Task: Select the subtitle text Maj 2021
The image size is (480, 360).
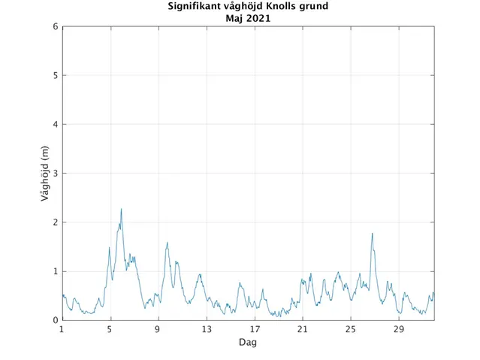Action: point(248,19)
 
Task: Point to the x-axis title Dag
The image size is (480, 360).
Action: point(248,342)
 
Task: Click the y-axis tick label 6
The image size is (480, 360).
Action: point(55,27)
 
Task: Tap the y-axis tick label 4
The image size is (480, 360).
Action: point(55,125)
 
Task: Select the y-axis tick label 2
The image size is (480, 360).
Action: point(55,222)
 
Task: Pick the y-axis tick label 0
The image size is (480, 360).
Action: point(55,320)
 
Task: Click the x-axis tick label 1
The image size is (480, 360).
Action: point(62,329)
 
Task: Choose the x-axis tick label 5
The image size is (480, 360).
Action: point(110,329)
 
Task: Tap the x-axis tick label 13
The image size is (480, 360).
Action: point(206,329)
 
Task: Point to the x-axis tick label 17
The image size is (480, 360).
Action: point(254,329)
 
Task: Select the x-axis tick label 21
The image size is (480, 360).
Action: point(302,329)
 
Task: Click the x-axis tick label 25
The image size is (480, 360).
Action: point(350,329)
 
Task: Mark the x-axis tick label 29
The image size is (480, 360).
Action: point(398,329)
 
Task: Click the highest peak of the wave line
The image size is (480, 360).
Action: point(121,209)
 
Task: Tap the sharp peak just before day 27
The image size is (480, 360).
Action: point(372,234)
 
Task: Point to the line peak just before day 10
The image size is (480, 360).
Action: point(167,243)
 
